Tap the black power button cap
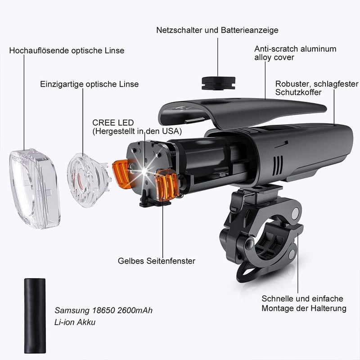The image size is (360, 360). coord(218,83)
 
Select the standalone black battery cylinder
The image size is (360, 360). coord(35,316)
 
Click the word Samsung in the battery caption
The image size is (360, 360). coord(72,310)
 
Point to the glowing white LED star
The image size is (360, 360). coord(144,171)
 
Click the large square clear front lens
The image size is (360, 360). coord(35,188)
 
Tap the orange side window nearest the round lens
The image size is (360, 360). coord(121,173)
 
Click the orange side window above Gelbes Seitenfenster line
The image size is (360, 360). coord(167,184)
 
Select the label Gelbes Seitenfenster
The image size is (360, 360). coord(156,261)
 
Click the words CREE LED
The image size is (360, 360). coord(113,122)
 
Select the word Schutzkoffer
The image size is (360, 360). coord(298,92)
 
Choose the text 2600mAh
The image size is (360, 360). coord(135,310)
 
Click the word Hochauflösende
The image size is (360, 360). coord(39,50)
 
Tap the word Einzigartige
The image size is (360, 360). coord(62,84)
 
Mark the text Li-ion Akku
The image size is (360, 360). coord(75,322)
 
